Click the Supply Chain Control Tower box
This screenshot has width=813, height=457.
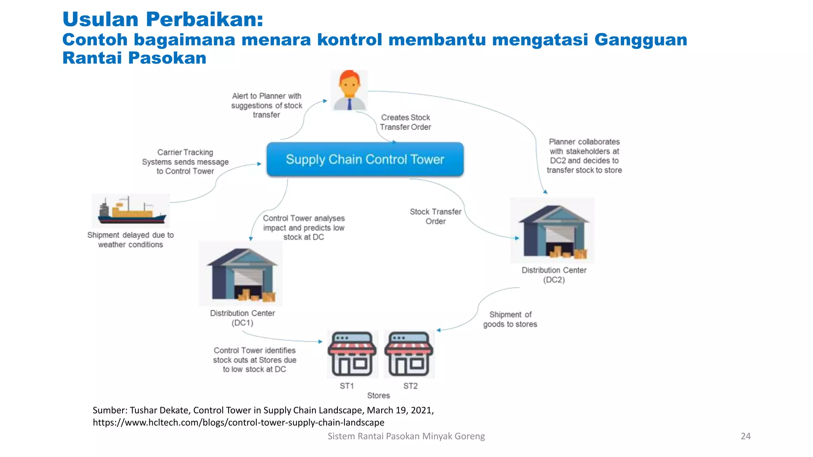click(365, 159)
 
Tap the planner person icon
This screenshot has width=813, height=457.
click(349, 91)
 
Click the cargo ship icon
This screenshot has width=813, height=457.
click(131, 210)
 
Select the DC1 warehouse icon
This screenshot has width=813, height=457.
click(241, 274)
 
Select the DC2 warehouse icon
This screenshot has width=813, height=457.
click(552, 231)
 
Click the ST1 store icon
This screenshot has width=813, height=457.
click(352, 354)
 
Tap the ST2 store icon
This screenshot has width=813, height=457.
click(408, 354)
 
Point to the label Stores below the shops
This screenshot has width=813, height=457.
click(378, 396)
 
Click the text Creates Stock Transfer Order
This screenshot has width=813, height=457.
click(405, 122)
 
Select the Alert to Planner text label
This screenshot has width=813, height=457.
click(266, 106)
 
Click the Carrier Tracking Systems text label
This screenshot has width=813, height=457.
click(185, 162)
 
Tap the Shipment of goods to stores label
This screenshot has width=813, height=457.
click(510, 319)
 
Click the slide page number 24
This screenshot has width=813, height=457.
click(746, 436)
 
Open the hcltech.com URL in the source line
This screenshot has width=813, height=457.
click(238, 422)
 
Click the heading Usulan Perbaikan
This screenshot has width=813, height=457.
click(163, 19)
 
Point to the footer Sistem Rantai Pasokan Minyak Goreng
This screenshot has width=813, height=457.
click(406, 436)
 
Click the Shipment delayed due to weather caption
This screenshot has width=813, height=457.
click(131, 240)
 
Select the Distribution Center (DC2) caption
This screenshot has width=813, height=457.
click(554, 275)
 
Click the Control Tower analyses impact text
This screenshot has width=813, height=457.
click(304, 228)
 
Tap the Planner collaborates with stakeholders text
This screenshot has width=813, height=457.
click(584, 156)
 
